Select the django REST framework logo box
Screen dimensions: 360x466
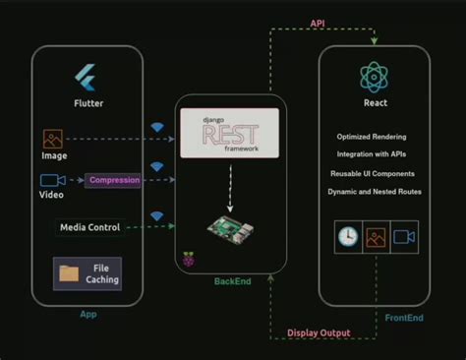click(x=229, y=132)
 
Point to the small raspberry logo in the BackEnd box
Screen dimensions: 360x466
click(x=188, y=260)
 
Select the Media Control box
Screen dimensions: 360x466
click(x=89, y=227)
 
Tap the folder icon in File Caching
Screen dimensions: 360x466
click(x=69, y=273)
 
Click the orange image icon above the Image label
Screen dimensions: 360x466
click(x=53, y=140)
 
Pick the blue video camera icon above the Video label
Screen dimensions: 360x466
click(x=52, y=180)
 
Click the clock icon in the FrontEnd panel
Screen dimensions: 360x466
click(x=348, y=237)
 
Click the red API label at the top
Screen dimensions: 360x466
click(x=318, y=23)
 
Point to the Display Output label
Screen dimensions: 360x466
click(x=319, y=332)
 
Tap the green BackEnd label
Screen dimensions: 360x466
click(x=232, y=282)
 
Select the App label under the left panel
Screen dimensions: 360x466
click(x=87, y=314)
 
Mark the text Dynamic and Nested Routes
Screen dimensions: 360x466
click(x=375, y=191)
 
